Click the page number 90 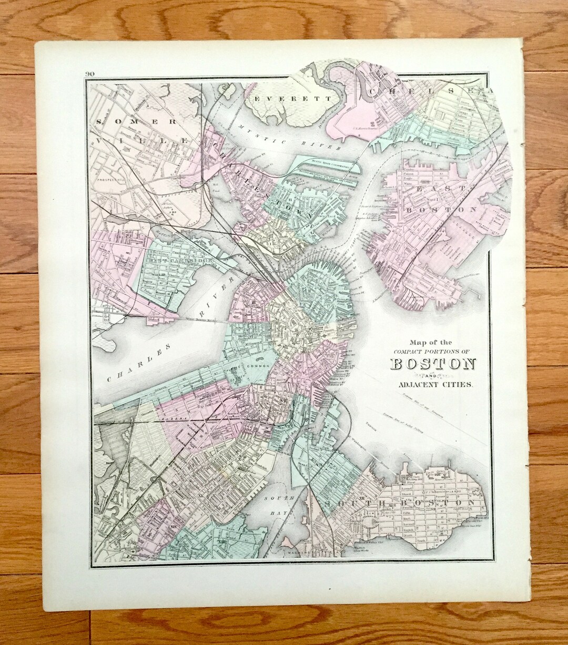pos(88,74)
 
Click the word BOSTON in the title pos(433,364)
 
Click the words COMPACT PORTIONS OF pos(433,351)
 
